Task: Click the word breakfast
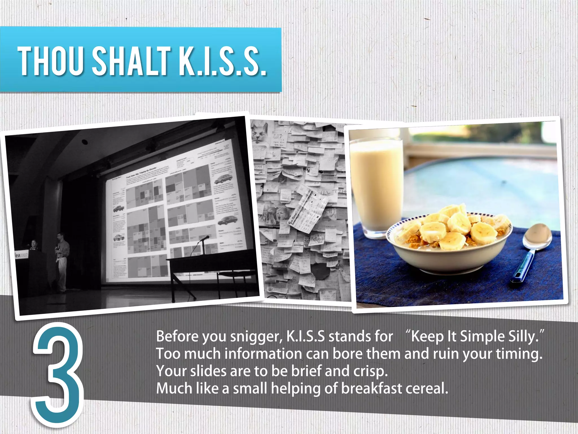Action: pos(372,389)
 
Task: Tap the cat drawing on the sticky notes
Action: pos(260,132)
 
